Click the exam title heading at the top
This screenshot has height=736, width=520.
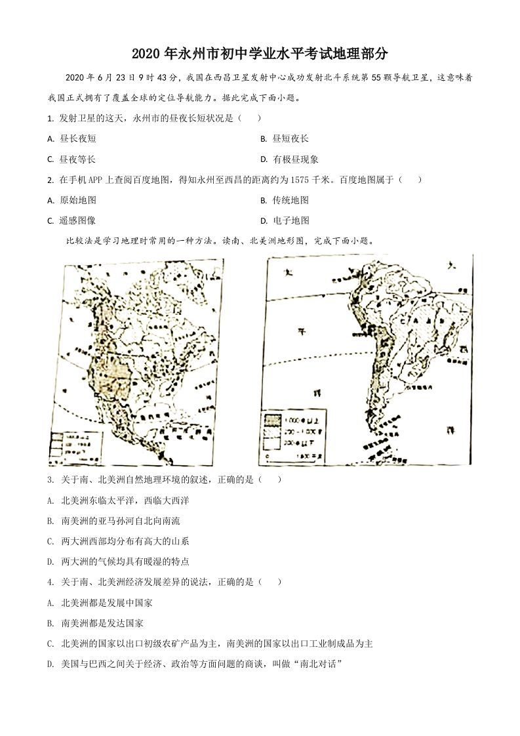click(x=260, y=54)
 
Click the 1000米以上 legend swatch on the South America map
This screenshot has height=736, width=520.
click(x=273, y=418)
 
